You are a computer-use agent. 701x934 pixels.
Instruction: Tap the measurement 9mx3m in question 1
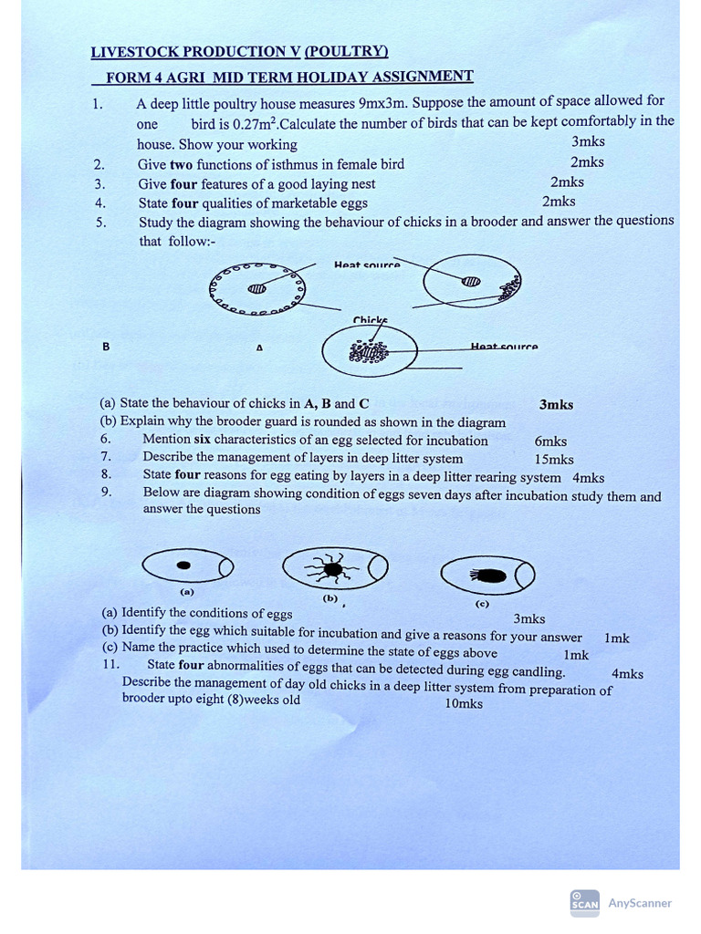point(384,102)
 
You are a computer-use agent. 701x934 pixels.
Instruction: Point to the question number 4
point(100,202)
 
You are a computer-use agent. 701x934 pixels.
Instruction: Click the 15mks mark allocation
point(554,459)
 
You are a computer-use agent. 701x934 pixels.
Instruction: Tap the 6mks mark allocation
point(550,441)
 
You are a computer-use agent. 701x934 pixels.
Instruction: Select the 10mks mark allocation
point(464,703)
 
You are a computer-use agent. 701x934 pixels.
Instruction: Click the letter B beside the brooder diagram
point(106,347)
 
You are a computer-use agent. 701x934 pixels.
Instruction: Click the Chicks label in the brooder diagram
point(370,320)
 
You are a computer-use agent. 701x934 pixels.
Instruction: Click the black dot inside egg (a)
point(184,566)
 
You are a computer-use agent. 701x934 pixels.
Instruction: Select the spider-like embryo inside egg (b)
point(331,569)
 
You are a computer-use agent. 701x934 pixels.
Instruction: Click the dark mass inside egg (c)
point(491,576)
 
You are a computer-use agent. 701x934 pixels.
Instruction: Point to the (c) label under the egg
point(481,603)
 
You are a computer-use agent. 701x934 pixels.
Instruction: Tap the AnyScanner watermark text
point(639,903)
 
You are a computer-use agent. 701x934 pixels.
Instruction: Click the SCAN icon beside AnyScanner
point(584,901)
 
